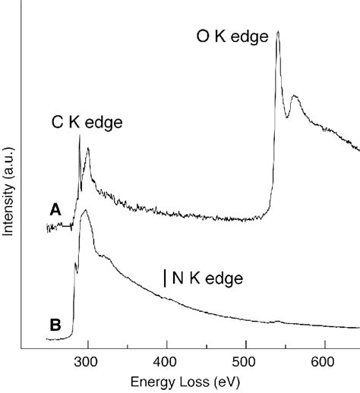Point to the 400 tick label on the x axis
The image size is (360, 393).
pos(166,360)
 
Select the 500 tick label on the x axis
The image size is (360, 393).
pos(245,360)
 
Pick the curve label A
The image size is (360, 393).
pos(55,210)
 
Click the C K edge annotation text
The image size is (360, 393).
pos(87,121)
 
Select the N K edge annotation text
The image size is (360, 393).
pos(207,279)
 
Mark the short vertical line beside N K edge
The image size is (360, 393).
pos(165,278)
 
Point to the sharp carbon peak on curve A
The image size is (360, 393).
pos(79,136)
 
